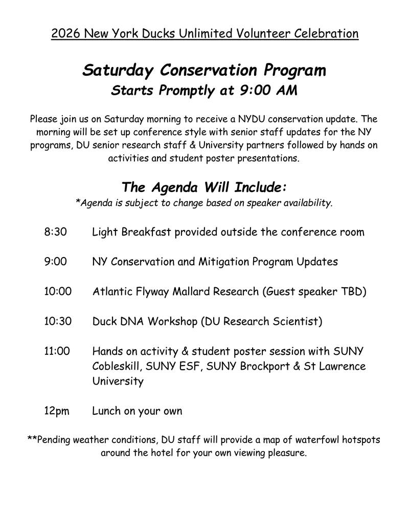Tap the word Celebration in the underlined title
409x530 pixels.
pyautogui.click(x=326, y=34)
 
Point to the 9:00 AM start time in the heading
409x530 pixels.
pyautogui.click(x=268, y=91)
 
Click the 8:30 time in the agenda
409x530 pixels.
pyautogui.click(x=56, y=232)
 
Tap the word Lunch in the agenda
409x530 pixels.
pyautogui.click(x=107, y=411)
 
